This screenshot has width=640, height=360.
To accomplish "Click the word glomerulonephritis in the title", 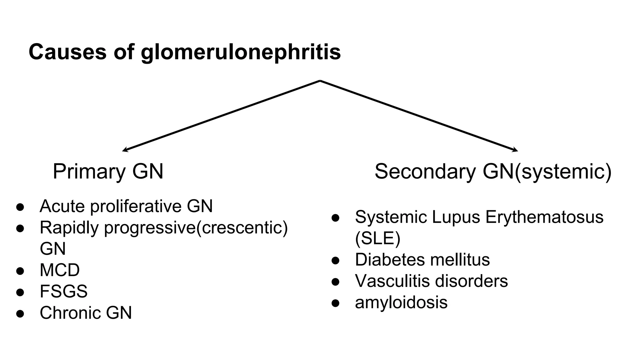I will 241,52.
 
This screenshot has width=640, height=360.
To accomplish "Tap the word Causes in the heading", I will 67,52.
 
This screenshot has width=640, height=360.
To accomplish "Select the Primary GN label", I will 108,172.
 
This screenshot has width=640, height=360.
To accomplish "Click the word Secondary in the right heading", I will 425,172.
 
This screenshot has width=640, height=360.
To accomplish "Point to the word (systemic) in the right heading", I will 563,172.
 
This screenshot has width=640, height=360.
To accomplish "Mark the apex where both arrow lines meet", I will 320,81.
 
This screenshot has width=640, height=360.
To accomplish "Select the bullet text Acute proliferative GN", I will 126,206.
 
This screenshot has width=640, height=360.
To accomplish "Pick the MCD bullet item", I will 60,270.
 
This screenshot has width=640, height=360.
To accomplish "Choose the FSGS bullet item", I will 63,291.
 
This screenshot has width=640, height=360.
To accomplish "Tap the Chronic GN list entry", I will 86,312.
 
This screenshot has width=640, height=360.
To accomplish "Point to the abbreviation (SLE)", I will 377,238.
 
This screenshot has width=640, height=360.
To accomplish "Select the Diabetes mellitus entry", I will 422,260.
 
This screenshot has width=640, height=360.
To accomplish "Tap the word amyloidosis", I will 401,302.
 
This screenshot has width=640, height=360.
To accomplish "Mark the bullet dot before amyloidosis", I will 335,303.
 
